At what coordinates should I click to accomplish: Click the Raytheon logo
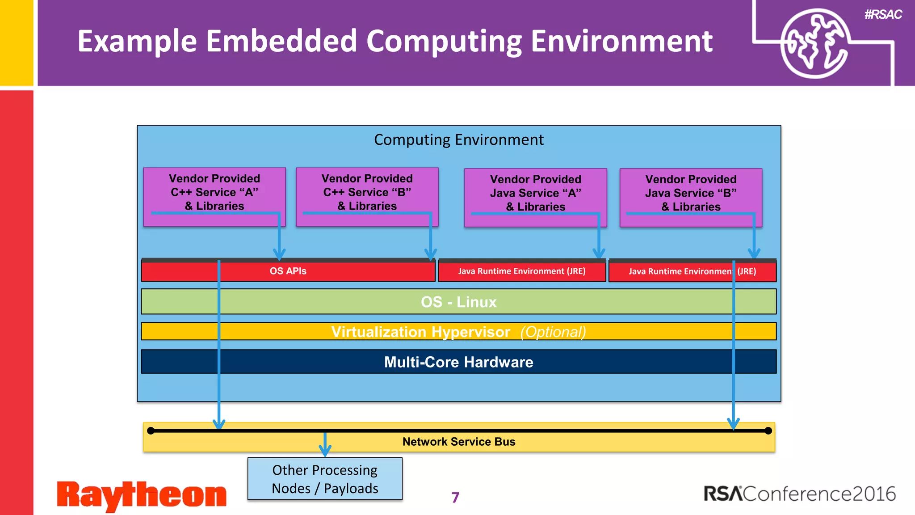pos(141,495)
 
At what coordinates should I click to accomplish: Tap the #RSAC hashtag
pos(883,15)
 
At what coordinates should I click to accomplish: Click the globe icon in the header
pos(814,43)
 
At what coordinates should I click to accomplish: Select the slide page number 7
pos(455,498)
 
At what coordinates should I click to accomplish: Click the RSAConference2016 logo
pos(799,494)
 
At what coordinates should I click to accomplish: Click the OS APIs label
pos(288,271)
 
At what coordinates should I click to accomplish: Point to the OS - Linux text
pos(458,302)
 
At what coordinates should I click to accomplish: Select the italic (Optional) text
pos(553,332)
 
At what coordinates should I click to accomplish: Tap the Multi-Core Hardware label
pos(458,362)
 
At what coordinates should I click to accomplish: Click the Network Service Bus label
pos(458,442)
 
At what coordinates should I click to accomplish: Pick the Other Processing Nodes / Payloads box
pos(325,479)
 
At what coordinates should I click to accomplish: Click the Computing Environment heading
pos(458,140)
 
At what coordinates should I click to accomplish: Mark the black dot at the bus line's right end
pos(768,431)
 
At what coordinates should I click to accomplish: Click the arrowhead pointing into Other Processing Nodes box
pos(325,451)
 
